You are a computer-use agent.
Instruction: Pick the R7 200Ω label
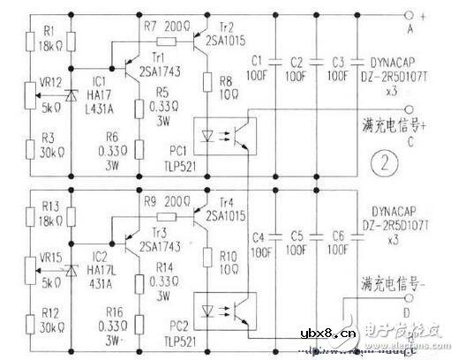(162, 27)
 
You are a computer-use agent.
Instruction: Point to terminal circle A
(409, 17)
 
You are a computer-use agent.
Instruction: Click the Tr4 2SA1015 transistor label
(230, 207)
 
